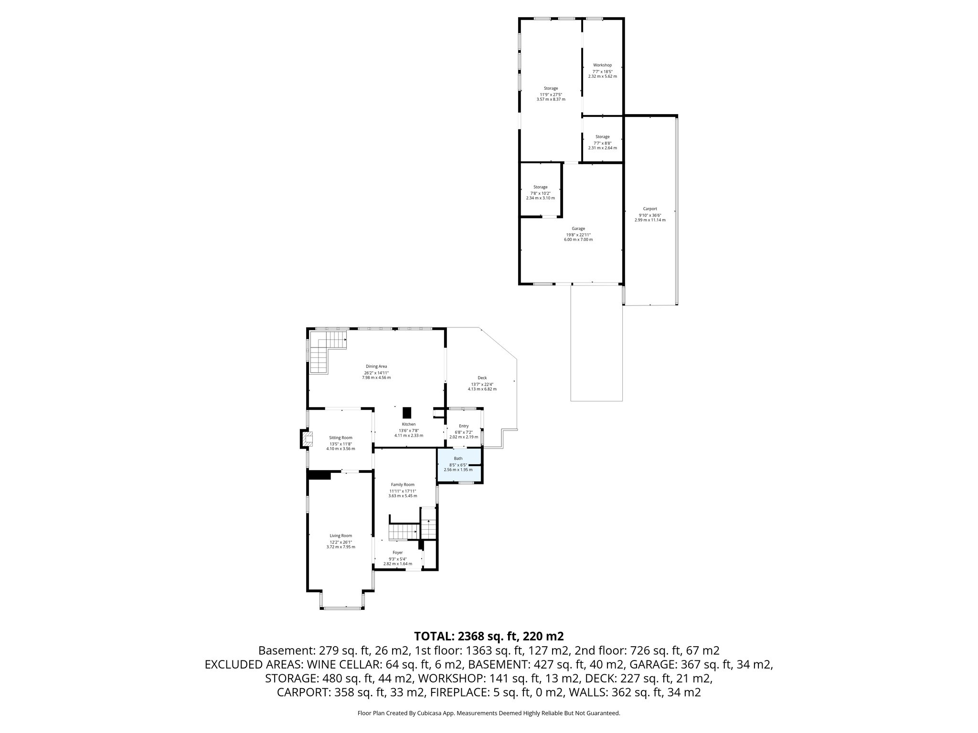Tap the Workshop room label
[602, 65]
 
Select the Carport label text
[649, 209]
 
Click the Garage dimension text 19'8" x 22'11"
[578, 234]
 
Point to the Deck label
[482, 377]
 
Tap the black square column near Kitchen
[407, 412]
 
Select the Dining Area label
[376, 366]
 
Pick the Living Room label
[340, 535]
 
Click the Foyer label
[397, 553]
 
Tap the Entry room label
[463, 426]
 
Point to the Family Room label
[403, 484]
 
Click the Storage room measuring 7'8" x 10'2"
[540, 192]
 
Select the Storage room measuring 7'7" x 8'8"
[602, 142]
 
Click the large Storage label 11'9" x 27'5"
[551, 88]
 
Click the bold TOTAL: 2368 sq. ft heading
[489, 636]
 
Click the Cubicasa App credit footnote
[489, 713]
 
